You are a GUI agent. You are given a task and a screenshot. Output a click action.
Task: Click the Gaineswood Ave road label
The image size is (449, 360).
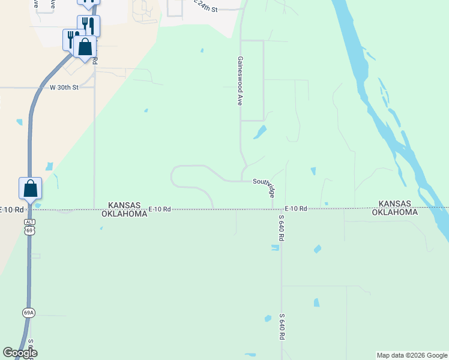pyautogui.click(x=240, y=82)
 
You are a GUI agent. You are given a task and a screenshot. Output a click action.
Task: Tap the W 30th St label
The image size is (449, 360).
pyautogui.click(x=64, y=88)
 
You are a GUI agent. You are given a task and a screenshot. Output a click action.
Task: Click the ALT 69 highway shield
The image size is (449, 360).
pyautogui.click(x=29, y=226)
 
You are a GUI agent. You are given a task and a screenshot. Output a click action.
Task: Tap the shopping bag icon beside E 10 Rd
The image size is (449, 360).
pyautogui.click(x=31, y=189)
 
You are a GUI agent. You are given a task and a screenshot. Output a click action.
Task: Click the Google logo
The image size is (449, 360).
pyautogui.click(x=19, y=353)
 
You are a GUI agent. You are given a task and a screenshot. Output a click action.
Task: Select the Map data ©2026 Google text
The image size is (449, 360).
pyautogui.click(x=412, y=355)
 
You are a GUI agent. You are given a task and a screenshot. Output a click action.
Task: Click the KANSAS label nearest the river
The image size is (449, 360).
pyautogui.click(x=394, y=204)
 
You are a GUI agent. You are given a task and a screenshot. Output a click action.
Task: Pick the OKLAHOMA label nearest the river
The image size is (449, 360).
pyautogui.click(x=394, y=212)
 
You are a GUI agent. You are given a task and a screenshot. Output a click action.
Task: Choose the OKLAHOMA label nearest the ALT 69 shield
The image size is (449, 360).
pyautogui.click(x=124, y=213)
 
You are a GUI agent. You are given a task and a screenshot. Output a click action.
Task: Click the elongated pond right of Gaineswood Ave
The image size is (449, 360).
pyautogui.click(x=260, y=132)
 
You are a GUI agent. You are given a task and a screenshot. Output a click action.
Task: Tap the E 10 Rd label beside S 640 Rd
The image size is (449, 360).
pyautogui.click(x=296, y=209)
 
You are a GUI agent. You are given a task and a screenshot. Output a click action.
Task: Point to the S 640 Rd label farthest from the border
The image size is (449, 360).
pyautogui.click(x=281, y=326)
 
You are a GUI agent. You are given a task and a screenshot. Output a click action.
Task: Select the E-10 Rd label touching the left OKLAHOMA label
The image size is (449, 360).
pyautogui.click(x=160, y=209)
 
